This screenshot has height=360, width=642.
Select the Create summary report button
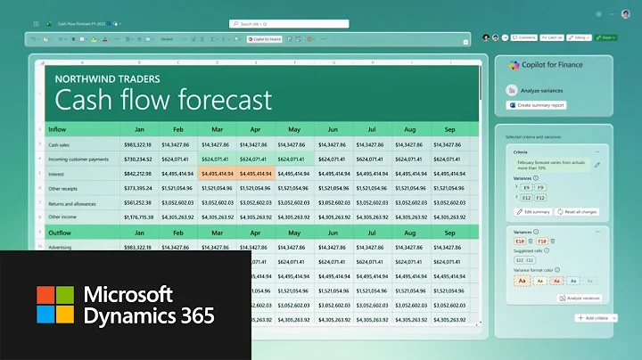[x=540, y=105]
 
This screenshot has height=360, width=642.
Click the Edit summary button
[x=534, y=211]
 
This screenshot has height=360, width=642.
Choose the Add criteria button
[x=595, y=318]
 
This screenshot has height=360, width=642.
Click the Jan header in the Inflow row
[x=139, y=127]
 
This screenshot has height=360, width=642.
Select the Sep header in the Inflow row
[x=449, y=127]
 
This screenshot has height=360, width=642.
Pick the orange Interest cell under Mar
[x=217, y=174]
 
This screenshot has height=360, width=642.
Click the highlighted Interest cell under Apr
[x=255, y=174]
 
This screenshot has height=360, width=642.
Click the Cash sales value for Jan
[x=138, y=144]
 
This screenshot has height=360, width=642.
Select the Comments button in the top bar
[x=523, y=37]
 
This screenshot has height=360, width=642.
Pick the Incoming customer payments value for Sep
[x=449, y=160]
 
